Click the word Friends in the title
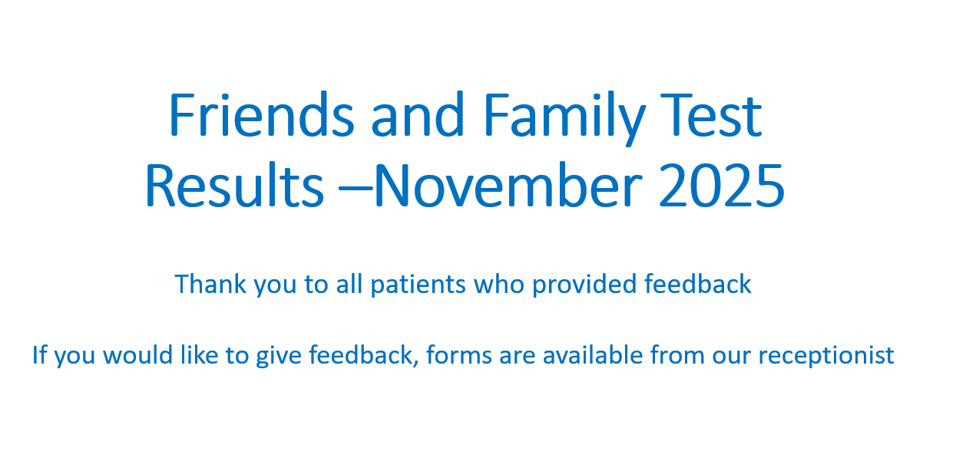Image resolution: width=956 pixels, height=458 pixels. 262,114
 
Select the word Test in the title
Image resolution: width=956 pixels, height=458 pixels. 711,115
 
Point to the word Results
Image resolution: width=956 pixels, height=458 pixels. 234,186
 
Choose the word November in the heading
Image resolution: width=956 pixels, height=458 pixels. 508,186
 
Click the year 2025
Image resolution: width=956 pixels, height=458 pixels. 722,186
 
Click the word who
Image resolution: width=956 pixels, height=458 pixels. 499,284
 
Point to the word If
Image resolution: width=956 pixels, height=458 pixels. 40,354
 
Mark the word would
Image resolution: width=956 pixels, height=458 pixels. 138,354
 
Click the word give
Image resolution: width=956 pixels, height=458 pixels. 279,357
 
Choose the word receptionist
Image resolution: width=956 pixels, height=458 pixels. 825,357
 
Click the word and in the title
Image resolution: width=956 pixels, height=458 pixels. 417,114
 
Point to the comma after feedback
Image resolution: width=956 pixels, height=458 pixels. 415,364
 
